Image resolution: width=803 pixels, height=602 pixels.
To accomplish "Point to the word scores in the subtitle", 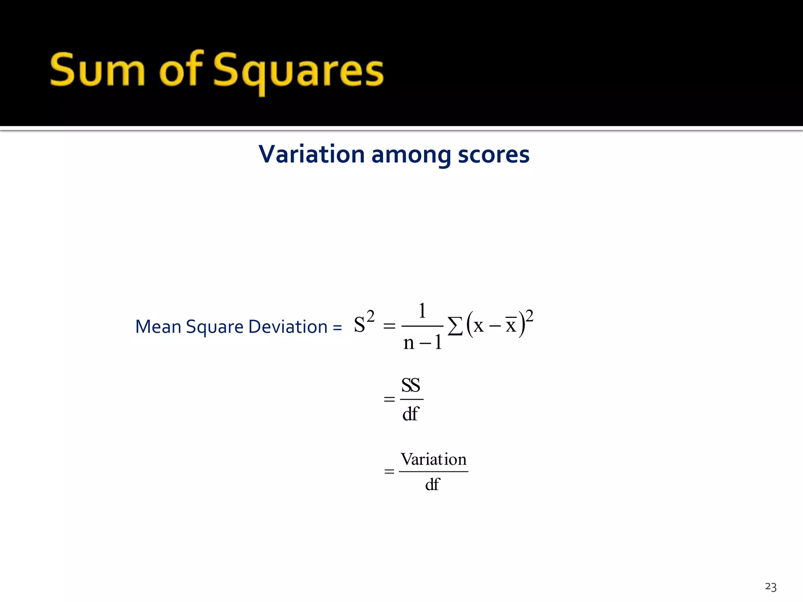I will (x=494, y=154).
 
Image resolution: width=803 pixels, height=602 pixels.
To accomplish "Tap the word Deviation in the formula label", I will (x=288, y=326).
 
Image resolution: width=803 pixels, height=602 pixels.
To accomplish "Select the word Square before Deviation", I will (x=214, y=327).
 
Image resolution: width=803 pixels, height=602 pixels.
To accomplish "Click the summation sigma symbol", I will (x=455, y=326).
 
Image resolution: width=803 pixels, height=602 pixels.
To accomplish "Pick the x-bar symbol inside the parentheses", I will (x=511, y=325).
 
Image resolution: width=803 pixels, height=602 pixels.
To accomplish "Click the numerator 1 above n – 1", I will (x=422, y=311).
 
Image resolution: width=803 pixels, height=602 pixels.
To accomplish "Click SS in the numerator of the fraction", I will (x=411, y=385).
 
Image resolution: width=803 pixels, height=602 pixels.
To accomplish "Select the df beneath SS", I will (x=411, y=413).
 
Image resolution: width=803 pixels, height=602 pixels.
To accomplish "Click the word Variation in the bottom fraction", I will (x=433, y=459).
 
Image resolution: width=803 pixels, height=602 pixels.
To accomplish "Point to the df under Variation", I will (x=432, y=484).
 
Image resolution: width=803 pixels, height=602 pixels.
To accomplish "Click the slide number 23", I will (x=770, y=587).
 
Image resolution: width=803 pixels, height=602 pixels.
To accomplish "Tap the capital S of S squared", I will (x=359, y=325).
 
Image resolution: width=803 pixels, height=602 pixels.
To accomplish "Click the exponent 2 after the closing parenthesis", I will (x=529, y=316).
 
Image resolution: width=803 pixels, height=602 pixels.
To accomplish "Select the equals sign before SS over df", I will (x=389, y=399).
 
